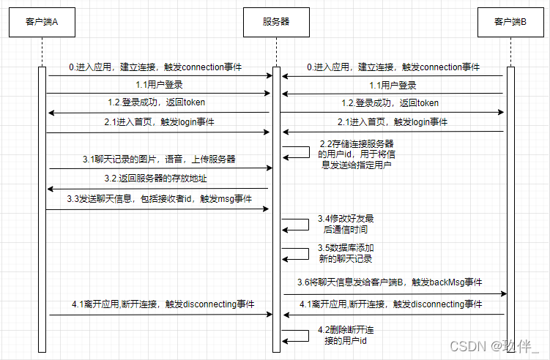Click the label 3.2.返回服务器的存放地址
click(x=155, y=179)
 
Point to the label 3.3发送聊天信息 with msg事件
click(x=159, y=199)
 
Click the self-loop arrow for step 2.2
click(x=309, y=152)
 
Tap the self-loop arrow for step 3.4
click(x=308, y=225)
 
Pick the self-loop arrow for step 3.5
click(x=308, y=254)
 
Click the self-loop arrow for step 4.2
click(x=308, y=335)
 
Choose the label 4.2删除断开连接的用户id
click(x=346, y=335)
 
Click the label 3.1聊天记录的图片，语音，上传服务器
click(x=159, y=159)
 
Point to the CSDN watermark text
click(x=494, y=346)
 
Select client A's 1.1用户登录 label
click(x=159, y=84)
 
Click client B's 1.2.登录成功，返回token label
click(x=390, y=103)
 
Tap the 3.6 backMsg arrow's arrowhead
click(x=504, y=293)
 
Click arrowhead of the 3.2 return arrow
click(x=50, y=189)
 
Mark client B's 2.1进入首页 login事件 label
click(x=393, y=122)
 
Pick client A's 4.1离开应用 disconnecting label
click(x=163, y=304)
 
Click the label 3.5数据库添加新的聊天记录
click(x=346, y=253)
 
